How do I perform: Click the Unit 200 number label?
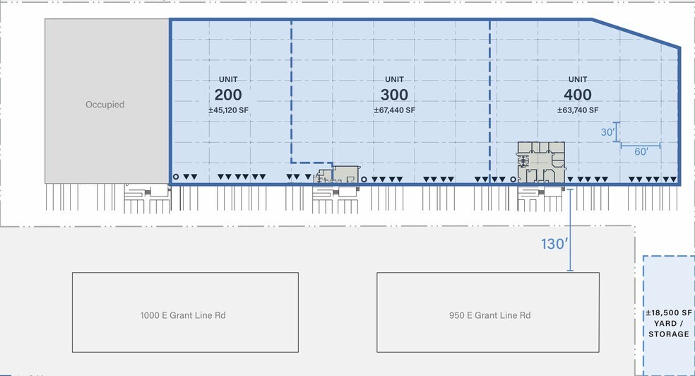pos(228,95)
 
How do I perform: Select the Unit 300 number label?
pos(395,95)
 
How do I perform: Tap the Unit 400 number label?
pos(578,95)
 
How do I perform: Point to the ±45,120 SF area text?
pos(228,110)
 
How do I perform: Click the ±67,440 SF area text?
pos(395,110)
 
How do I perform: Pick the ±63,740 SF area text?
pos(578,110)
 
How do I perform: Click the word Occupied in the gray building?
pos(105,105)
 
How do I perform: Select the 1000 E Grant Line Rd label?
pos(183,315)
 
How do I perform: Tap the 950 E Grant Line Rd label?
pos(489,315)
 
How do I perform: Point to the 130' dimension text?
pos(554,243)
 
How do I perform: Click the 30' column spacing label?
pos(607,132)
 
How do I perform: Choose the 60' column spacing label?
pos(641,152)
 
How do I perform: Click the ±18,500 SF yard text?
pos(669,312)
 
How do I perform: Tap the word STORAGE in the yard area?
pos(669,334)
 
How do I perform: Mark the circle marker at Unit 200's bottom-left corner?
pos(176,177)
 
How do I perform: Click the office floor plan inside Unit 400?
pos(541,163)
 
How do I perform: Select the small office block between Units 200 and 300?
pos(338,175)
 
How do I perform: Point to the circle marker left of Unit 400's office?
pos(513,180)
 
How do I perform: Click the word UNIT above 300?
pos(395,79)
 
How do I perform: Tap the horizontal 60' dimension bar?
pos(641,145)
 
